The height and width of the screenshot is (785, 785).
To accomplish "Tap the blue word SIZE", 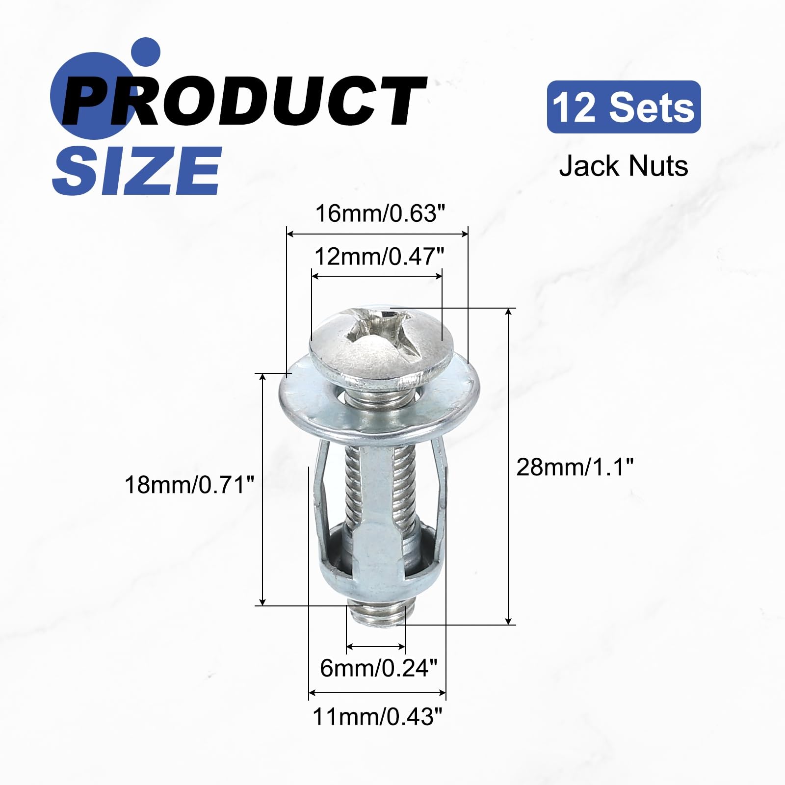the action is pyautogui.click(x=137, y=170).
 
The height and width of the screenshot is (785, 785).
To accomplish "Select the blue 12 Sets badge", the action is pyautogui.click(x=624, y=107).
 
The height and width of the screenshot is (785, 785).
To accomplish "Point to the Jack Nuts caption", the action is pyautogui.click(x=624, y=166).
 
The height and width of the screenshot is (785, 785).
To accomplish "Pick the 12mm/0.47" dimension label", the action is pyautogui.click(x=379, y=256).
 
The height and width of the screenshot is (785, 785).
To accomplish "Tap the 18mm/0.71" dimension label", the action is pyautogui.click(x=190, y=485).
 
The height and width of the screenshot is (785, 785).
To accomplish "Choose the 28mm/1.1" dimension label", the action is pyautogui.click(x=575, y=467).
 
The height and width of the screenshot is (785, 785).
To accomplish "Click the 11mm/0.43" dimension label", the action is pyautogui.click(x=377, y=717).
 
